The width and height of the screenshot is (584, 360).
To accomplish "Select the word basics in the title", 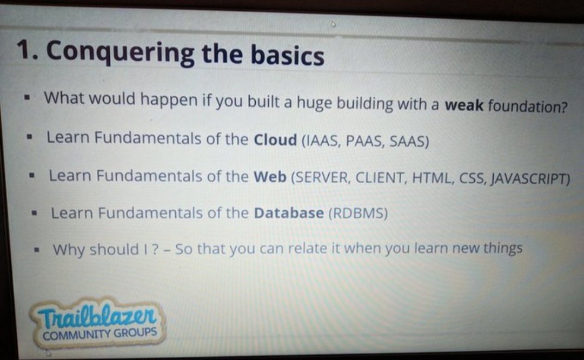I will (x=287, y=56).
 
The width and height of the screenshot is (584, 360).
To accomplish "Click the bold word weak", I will (x=463, y=105).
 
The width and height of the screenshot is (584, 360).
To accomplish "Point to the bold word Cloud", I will (x=275, y=139).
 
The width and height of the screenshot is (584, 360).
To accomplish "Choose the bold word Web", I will (x=270, y=177).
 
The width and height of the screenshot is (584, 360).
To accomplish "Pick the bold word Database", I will (x=289, y=213).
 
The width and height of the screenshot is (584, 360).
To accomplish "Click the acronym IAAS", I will (x=322, y=141).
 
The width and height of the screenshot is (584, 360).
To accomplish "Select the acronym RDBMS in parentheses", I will (x=358, y=214).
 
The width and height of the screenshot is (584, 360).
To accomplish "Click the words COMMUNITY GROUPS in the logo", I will (x=99, y=333).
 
